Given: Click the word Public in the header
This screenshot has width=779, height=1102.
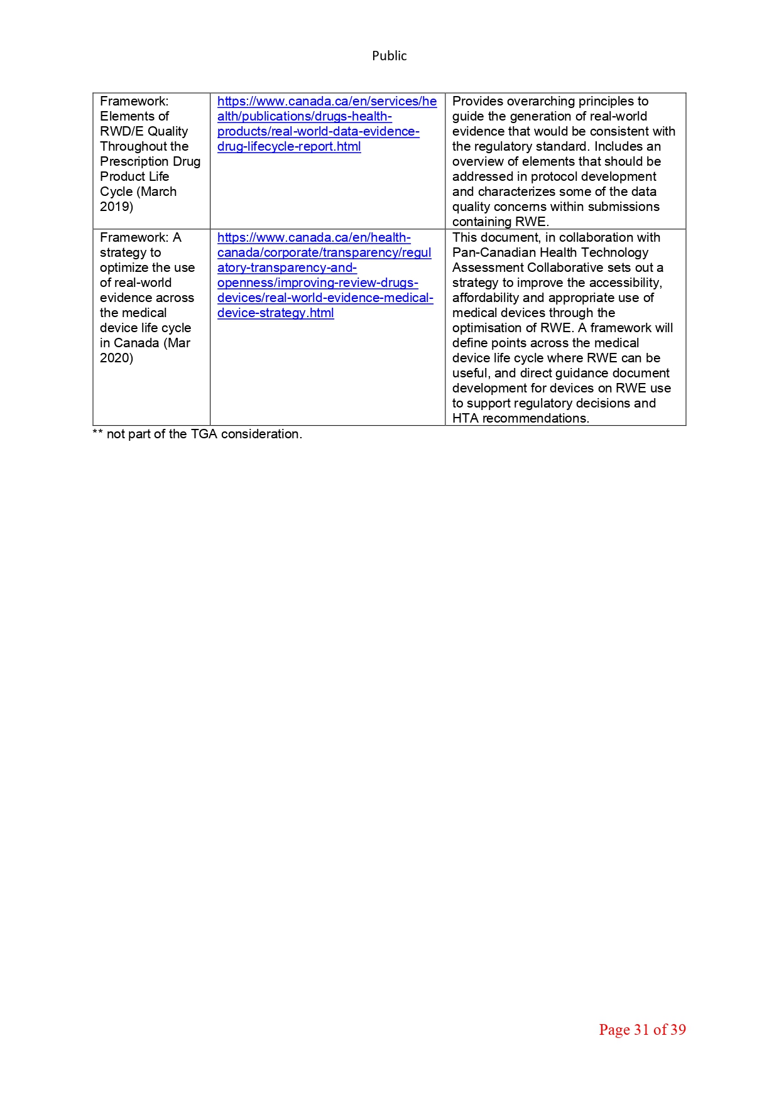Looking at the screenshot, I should [x=389, y=56].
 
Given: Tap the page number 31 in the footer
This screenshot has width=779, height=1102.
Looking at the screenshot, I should [x=641, y=1030].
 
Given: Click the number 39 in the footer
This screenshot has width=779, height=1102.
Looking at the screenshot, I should [x=678, y=1030].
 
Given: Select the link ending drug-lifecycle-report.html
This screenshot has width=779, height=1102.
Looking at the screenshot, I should [x=289, y=146].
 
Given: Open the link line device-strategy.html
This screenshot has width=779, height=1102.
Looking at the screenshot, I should [x=275, y=313].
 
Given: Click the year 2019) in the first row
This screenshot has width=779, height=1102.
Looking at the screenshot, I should [x=116, y=207].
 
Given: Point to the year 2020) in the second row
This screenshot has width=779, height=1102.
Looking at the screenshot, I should [x=116, y=358].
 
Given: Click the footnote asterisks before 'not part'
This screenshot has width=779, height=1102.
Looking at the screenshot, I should [x=97, y=434].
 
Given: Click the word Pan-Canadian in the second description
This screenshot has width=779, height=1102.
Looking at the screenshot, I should [x=488, y=252].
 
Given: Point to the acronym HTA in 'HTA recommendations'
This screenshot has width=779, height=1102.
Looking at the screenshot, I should [x=466, y=418].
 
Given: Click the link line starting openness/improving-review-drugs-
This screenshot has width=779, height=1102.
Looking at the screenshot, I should [x=317, y=283].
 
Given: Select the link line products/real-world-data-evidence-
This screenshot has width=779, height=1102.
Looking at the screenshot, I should [x=318, y=131].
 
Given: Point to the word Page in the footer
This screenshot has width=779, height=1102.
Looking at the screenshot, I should [x=614, y=1030].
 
